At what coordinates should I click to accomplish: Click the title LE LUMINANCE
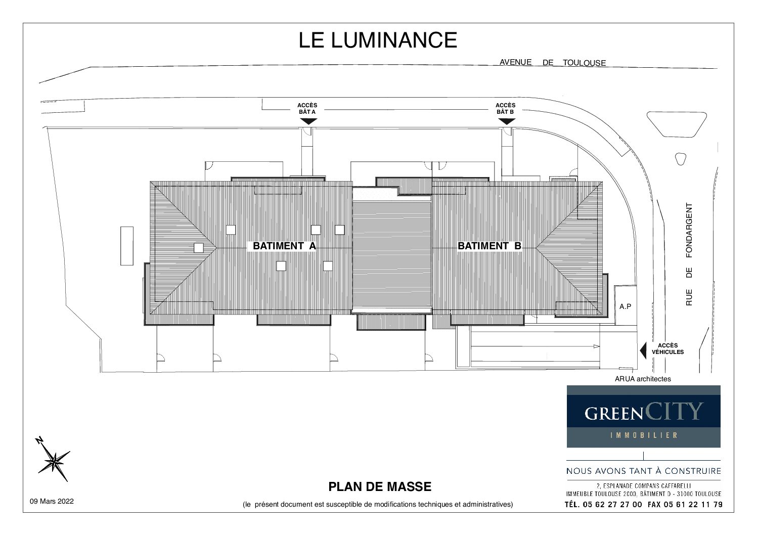378,40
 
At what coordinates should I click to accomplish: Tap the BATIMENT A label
284,246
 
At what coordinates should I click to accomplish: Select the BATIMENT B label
489,246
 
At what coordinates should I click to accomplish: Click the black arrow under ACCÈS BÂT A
308,121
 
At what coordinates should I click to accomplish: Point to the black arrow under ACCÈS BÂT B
506,121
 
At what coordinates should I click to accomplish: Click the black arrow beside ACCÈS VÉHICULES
643,350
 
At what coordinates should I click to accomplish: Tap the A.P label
625,306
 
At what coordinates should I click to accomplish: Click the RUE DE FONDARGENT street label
689,254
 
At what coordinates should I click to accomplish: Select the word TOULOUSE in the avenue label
584,63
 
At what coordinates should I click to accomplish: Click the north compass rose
54,460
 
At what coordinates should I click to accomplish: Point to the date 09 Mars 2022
52,501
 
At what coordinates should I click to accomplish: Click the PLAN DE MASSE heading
380,486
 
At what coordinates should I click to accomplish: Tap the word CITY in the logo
674,411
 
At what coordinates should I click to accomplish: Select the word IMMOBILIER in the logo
644,435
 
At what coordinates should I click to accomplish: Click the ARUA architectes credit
643,379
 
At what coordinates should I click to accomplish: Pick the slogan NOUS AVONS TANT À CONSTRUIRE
643,471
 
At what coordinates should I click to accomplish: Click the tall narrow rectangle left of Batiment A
127,246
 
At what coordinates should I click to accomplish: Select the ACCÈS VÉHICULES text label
668,349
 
